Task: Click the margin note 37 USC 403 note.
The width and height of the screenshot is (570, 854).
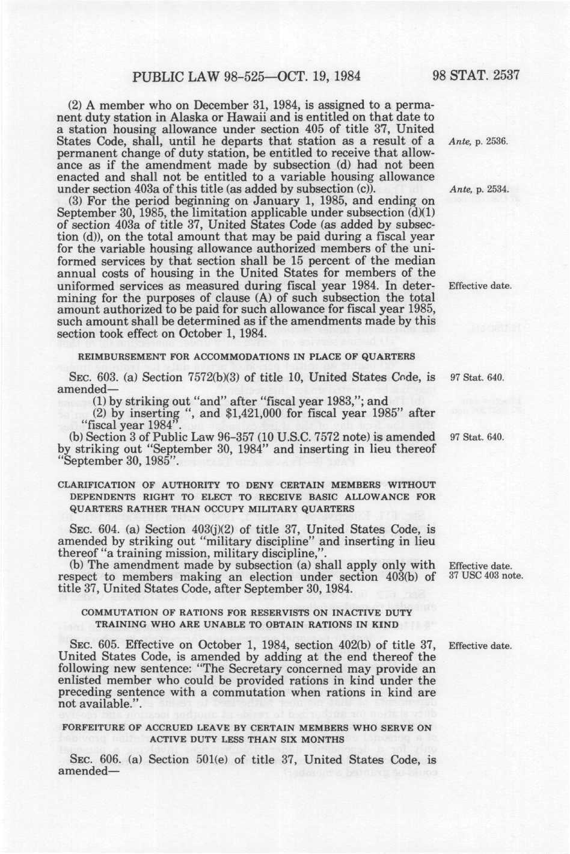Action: (486, 577)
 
